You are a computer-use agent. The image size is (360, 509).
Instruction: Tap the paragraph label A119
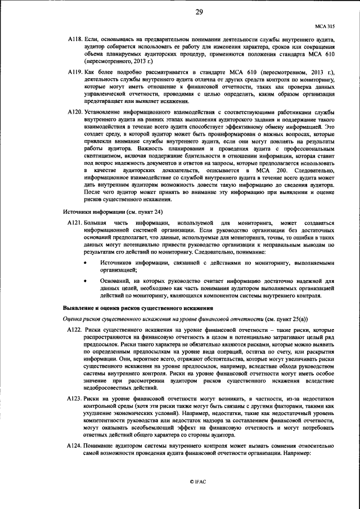pyautogui.click(x=75, y=73)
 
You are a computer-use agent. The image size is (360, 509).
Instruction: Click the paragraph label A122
pyautogui.click(x=75, y=328)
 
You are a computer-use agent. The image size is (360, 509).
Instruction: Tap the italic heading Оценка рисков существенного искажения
pyautogui.click(x=146, y=318)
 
